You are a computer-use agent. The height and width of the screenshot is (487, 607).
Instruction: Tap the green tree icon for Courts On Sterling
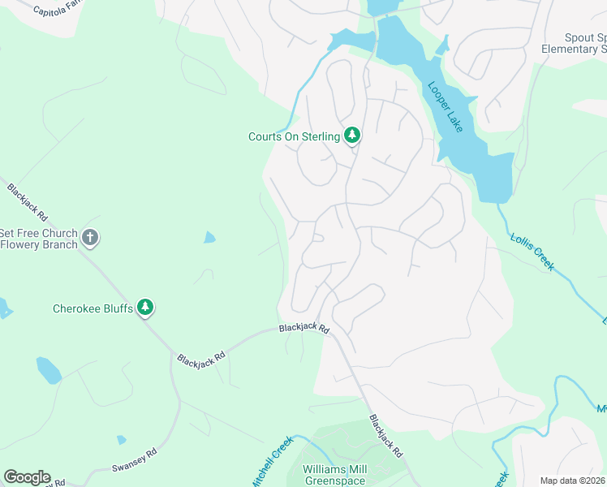tap(351, 136)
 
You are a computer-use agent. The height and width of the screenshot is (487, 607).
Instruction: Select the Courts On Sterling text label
tap(294, 137)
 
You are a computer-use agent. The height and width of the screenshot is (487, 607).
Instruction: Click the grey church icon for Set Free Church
tap(90, 239)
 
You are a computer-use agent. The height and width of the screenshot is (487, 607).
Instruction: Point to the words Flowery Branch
tap(40, 244)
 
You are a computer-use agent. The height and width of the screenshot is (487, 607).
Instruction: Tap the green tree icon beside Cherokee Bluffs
tap(145, 307)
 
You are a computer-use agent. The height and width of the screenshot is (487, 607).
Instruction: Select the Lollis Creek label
tap(532, 252)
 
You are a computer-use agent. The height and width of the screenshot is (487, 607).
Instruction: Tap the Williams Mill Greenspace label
tap(334, 476)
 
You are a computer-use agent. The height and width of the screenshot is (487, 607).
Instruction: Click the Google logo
tap(27, 477)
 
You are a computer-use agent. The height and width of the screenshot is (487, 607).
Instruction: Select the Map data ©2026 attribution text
tap(572, 481)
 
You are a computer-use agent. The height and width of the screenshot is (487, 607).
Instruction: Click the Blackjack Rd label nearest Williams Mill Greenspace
tap(385, 436)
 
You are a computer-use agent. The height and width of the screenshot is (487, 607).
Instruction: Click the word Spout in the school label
tap(580, 38)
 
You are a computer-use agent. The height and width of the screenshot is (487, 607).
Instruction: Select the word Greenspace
tap(334, 481)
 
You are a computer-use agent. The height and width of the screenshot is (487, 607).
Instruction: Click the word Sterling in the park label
tap(321, 137)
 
